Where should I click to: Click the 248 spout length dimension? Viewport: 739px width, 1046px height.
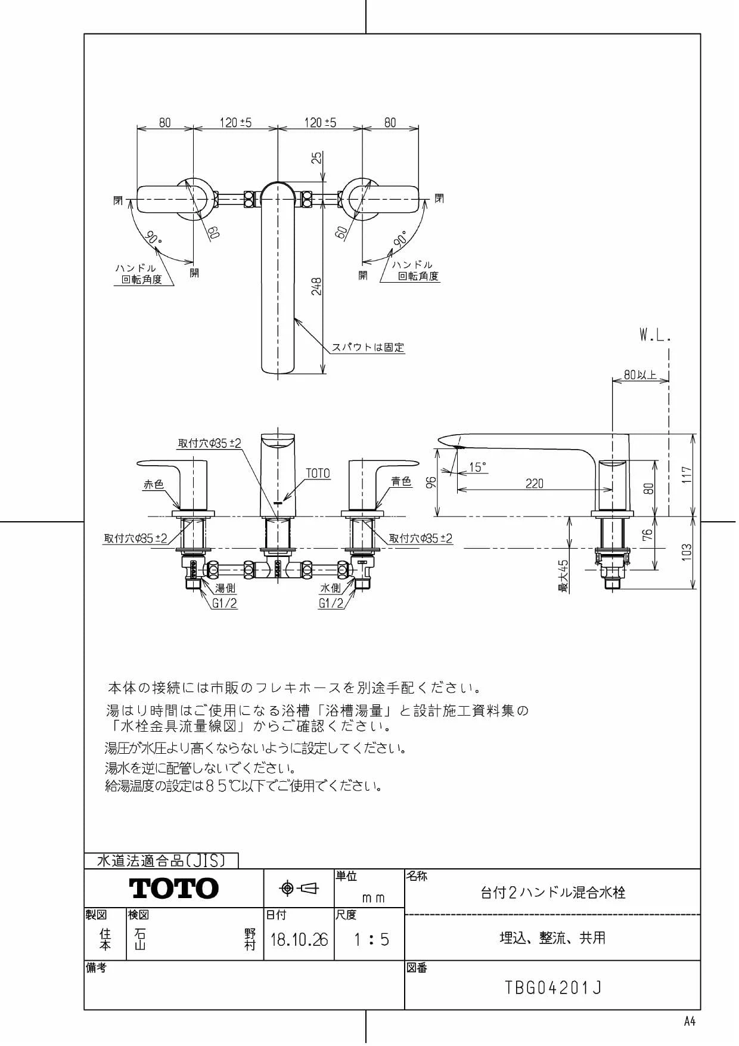pyautogui.click(x=317, y=286)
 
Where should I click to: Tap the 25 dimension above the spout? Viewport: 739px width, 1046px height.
pyautogui.click(x=318, y=157)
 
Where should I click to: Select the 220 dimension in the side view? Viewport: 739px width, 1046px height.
pyautogui.click(x=534, y=484)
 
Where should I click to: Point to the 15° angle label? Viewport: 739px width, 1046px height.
pyautogui.click(x=477, y=467)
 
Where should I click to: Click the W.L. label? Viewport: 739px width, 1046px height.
pyautogui.click(x=656, y=336)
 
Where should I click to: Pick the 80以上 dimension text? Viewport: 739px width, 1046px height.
pyautogui.click(x=641, y=375)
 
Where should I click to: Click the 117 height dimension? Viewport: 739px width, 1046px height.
pyautogui.click(x=688, y=475)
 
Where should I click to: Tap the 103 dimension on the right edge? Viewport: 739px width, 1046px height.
pyautogui.click(x=687, y=552)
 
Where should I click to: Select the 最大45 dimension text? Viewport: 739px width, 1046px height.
pyautogui.click(x=563, y=575)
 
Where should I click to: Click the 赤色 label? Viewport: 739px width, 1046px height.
pyautogui.click(x=153, y=484)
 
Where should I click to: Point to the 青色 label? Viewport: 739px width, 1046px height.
pyautogui.click(x=402, y=481)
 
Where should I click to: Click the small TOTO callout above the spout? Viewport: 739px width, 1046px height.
pyautogui.click(x=318, y=473)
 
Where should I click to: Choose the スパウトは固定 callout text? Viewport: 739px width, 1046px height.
pyautogui.click(x=368, y=347)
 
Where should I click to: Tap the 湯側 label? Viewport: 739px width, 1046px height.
pyautogui.click(x=225, y=588)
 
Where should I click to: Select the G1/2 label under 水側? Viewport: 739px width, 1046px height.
pyautogui.click(x=331, y=603)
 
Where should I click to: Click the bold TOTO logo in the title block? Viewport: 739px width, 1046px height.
pyautogui.click(x=174, y=889)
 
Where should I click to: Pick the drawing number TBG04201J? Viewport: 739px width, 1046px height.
pyautogui.click(x=553, y=988)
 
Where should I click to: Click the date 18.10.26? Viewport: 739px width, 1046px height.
pyautogui.click(x=299, y=940)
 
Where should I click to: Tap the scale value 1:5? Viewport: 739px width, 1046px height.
pyautogui.click(x=371, y=940)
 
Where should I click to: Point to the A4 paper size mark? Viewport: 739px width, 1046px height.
pyautogui.click(x=690, y=1022)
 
